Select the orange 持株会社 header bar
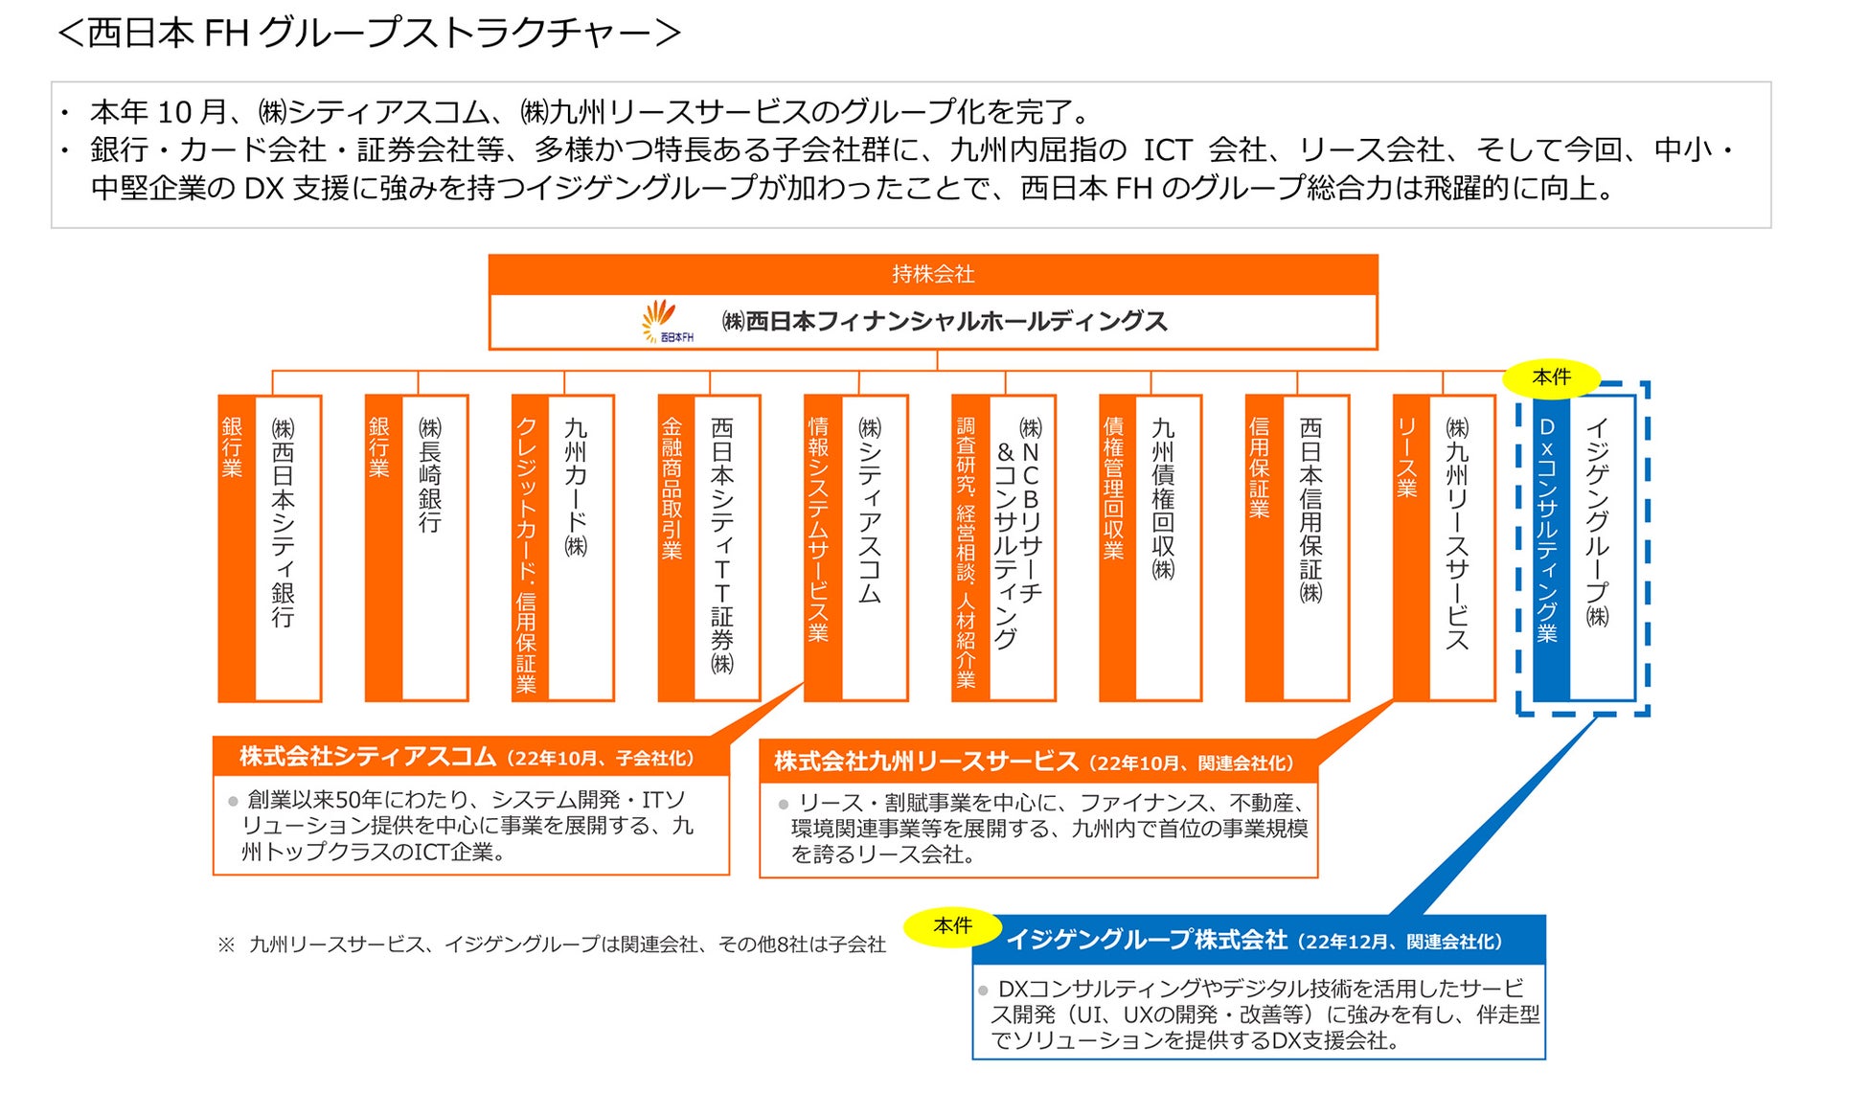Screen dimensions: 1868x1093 (932, 274)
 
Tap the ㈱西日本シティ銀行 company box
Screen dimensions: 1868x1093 (286, 547)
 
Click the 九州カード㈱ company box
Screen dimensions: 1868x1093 (580, 547)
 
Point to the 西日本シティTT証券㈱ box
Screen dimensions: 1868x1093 (725, 547)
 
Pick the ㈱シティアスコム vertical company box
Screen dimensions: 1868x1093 (873, 547)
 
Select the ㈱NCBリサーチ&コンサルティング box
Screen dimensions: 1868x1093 (1020, 547)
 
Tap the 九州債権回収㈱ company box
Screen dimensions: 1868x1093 (1167, 547)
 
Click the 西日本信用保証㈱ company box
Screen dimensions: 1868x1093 (1314, 547)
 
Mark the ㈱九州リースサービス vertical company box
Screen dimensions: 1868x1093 (1461, 547)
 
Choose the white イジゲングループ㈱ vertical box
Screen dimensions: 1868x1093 (1601, 547)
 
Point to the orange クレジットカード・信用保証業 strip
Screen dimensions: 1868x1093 (528, 547)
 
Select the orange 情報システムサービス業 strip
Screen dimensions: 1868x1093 (821, 547)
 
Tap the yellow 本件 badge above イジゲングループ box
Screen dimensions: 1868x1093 (1551, 377)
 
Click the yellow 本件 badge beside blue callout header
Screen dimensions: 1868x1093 (952, 926)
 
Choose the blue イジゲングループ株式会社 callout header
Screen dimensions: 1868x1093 (1257, 941)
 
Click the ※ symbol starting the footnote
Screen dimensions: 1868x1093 (226, 945)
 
